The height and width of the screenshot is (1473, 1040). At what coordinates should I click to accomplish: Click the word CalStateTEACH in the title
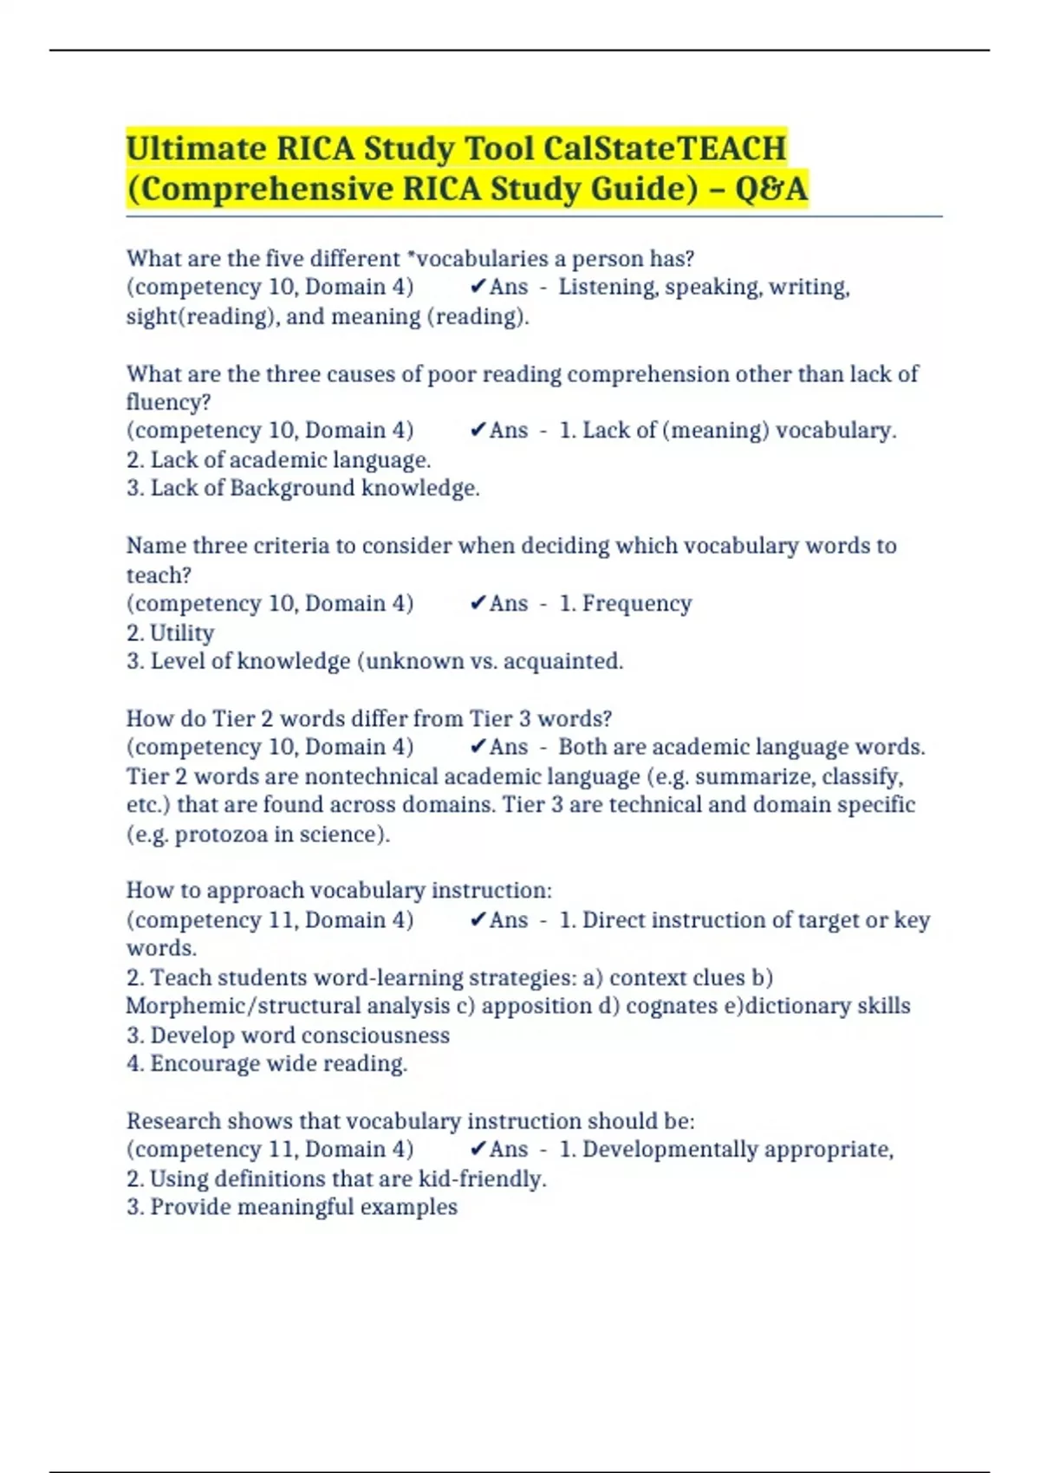(x=665, y=148)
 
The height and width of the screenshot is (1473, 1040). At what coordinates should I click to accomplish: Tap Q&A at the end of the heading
(x=770, y=188)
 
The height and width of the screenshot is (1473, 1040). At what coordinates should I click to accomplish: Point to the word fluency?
(x=168, y=402)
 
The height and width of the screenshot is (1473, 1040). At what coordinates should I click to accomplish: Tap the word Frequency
(x=636, y=603)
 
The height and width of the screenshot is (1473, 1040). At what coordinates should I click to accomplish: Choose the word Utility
(x=182, y=633)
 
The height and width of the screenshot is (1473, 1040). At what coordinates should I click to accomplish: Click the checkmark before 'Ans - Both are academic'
(x=478, y=747)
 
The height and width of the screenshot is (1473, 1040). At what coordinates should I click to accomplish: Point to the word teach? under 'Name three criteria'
(x=159, y=574)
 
